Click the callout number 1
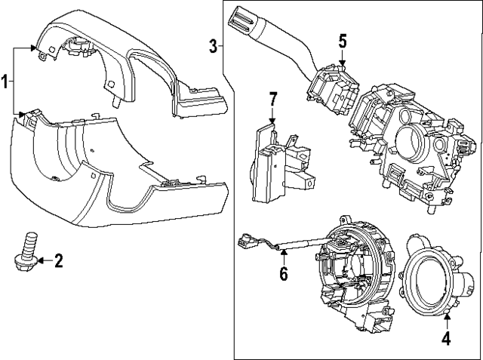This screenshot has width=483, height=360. coord(6,82)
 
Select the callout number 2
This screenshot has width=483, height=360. coord(58,262)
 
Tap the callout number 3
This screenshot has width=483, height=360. coord(214,47)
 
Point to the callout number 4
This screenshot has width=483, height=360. coord(446,339)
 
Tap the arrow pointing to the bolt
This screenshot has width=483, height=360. coord(42,262)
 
